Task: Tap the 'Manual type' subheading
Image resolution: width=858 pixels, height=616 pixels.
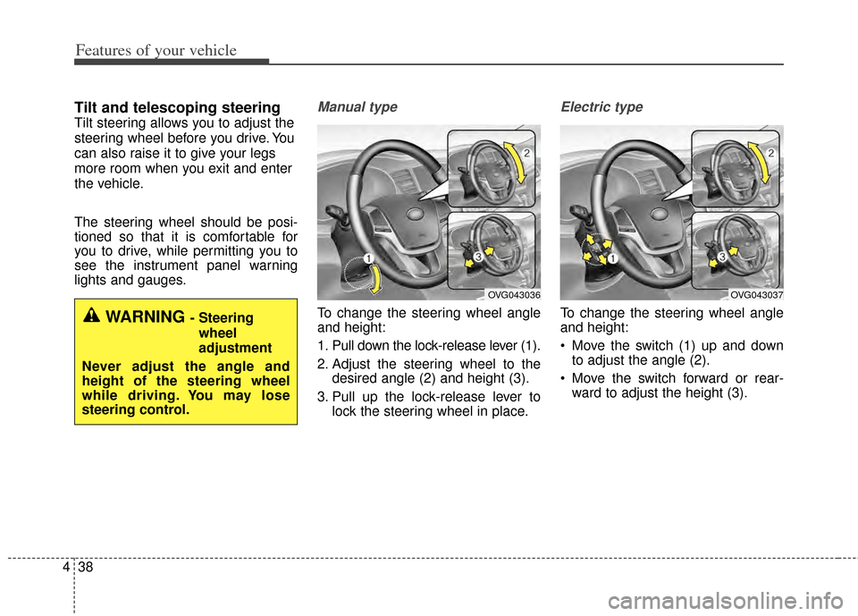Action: tap(357, 107)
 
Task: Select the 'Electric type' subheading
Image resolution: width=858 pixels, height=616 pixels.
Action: tap(601, 107)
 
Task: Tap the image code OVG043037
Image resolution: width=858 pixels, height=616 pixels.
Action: tap(756, 294)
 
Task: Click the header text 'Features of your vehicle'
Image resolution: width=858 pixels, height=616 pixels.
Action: tap(156, 50)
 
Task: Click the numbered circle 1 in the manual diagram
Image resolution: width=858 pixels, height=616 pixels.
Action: tap(366, 258)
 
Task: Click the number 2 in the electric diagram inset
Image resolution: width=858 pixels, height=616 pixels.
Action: tap(770, 155)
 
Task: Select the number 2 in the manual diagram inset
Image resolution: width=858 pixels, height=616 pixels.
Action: tap(527, 155)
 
